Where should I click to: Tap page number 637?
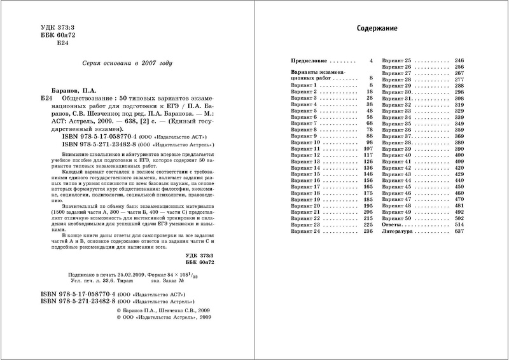click(459, 232)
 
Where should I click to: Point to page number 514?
click(459, 225)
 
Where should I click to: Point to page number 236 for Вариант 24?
click(366, 232)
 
